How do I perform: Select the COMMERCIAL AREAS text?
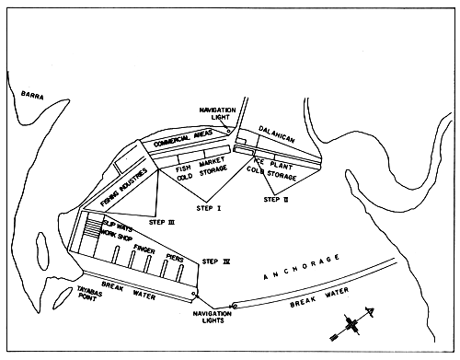coord(181,141)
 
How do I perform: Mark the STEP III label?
coord(160,221)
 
